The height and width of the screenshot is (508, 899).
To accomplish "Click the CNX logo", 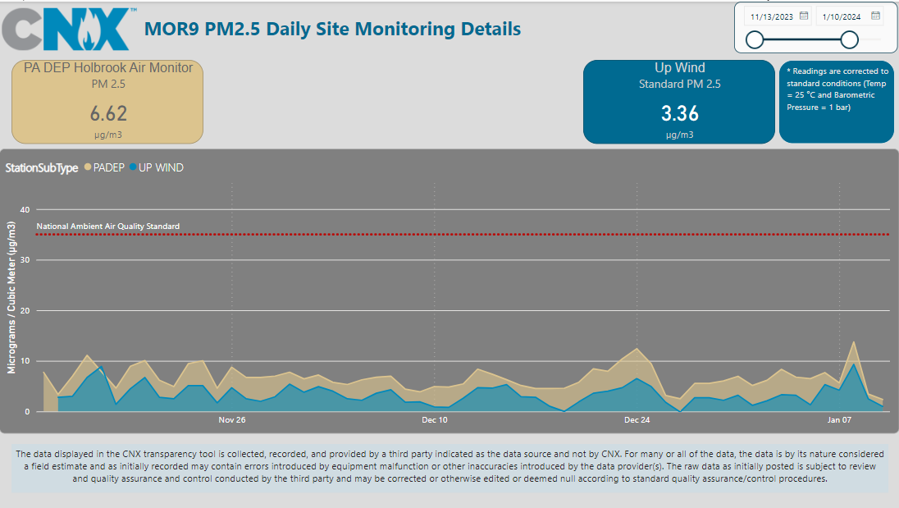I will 69,30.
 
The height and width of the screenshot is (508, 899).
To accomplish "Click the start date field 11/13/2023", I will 771,16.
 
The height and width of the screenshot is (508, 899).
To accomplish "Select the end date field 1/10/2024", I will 840,16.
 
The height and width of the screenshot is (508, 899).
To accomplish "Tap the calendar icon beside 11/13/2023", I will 804,16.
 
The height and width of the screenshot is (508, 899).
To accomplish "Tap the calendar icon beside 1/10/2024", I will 875,16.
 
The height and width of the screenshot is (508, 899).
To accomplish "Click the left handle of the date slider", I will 755,39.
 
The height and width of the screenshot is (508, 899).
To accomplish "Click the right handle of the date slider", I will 850,39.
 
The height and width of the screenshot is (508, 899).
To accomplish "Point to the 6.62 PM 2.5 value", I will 108,113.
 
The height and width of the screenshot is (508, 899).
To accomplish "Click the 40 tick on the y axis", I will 24,210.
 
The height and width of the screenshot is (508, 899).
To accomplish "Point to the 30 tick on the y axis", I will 24,260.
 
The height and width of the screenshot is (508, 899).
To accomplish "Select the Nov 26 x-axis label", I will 232,420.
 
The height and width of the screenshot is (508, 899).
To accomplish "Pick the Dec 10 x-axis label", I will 435,420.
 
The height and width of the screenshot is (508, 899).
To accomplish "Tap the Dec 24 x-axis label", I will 637,420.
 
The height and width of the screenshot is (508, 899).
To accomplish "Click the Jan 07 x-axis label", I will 839,420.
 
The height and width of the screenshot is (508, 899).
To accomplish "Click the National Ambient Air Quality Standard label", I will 108,227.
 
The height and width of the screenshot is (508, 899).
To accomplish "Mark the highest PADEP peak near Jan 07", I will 854,341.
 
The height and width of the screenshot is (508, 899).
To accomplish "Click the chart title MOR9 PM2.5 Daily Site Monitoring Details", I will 332,30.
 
